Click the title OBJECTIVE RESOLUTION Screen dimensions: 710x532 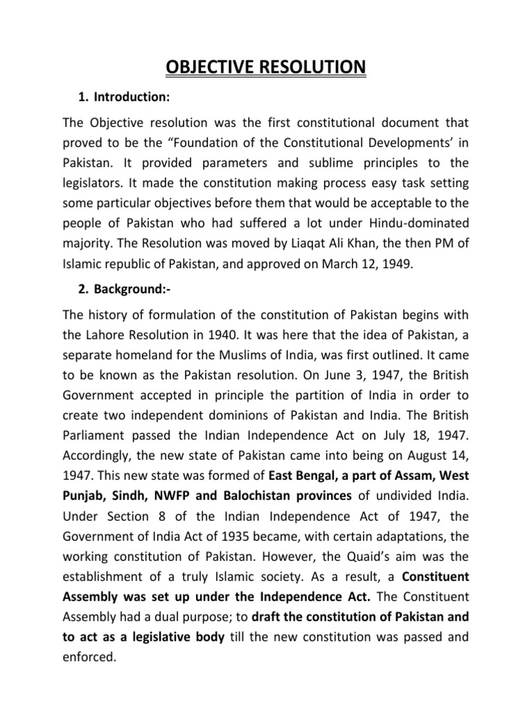[x=265, y=67]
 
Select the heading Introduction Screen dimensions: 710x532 [x=132, y=96]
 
